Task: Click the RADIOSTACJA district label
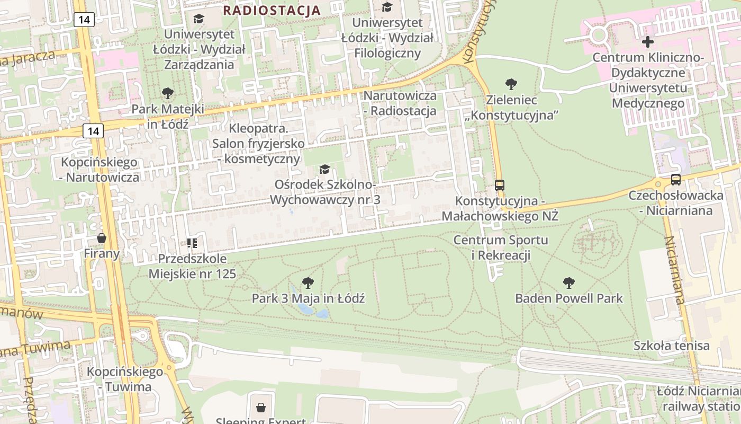272,10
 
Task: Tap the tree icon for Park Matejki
167,94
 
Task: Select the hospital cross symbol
647,42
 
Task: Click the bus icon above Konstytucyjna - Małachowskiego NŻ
500,185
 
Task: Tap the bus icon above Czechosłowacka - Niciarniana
675,180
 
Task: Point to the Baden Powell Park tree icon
569,282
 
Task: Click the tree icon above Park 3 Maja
308,282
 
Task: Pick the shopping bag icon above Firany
101,238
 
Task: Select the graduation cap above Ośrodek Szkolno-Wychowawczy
324,169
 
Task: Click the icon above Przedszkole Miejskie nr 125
192,243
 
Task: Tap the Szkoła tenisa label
672,346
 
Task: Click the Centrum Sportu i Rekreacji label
501,248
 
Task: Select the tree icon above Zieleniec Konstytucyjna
511,84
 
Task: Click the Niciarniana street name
675,270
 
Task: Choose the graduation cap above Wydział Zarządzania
198,19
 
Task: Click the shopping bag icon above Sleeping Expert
260,408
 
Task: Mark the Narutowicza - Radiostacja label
401,103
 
